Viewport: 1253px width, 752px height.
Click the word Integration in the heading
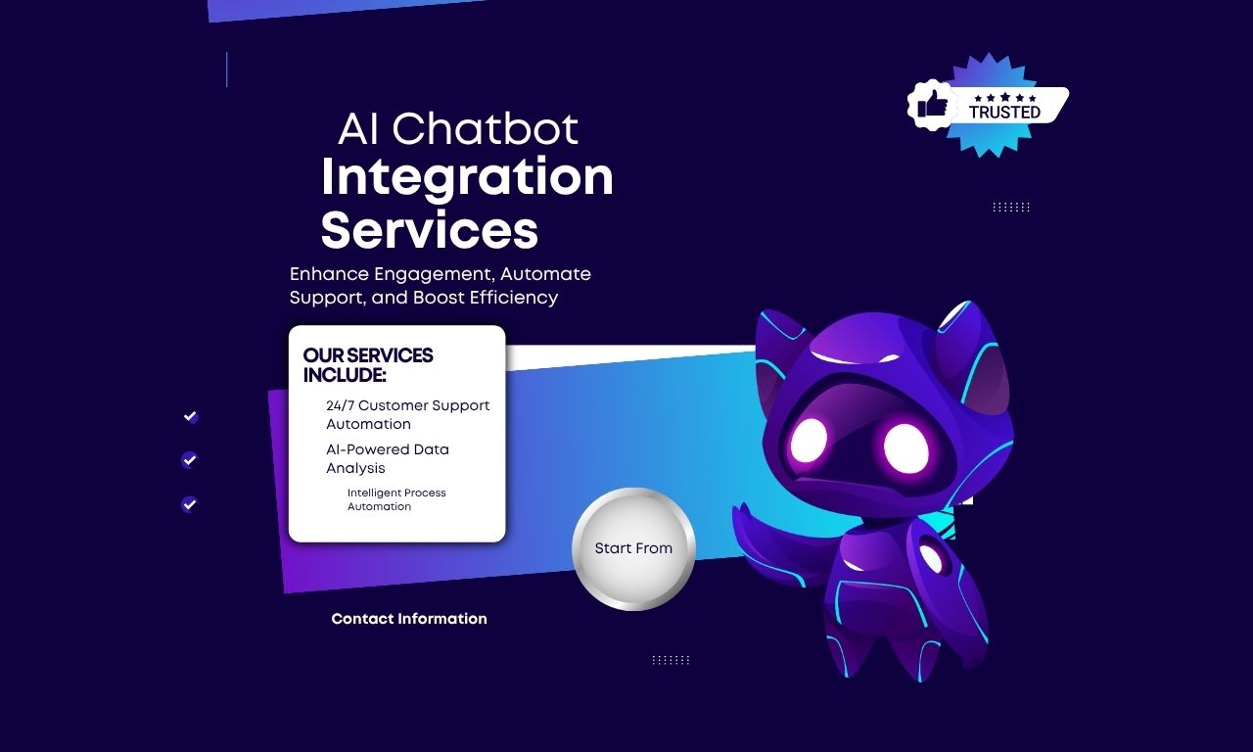(467, 177)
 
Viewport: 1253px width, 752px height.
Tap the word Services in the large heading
(430, 230)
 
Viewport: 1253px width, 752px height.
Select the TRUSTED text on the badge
(1004, 113)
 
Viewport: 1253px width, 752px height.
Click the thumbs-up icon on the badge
(933, 104)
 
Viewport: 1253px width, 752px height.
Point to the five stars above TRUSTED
(1004, 98)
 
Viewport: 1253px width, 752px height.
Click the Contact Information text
(409, 619)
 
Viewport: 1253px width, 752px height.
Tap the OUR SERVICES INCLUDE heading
(368, 365)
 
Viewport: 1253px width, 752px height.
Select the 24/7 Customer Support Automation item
(407, 414)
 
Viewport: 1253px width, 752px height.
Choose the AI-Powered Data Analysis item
(388, 459)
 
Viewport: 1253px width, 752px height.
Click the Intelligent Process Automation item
(396, 499)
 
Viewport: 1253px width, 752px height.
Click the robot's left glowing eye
(809, 441)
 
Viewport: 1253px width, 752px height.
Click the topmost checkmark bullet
(191, 417)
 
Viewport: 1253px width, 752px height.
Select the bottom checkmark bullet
(190, 504)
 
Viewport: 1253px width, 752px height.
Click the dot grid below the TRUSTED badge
(1011, 207)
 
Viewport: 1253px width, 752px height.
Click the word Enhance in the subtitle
(329, 274)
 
